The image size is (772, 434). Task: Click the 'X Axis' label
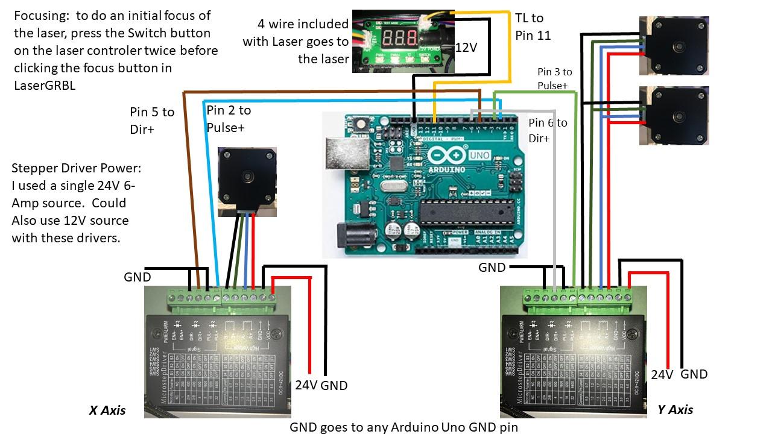point(107,410)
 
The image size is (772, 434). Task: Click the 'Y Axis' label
point(675,410)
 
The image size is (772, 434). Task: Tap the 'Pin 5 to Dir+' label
point(152,120)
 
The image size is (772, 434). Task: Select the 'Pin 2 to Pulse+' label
point(229,118)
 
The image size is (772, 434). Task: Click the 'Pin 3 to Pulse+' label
point(554,78)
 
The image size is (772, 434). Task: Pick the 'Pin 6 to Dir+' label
point(547,130)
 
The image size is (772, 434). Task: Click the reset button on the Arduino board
point(364,125)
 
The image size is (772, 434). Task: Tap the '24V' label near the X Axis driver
point(306,385)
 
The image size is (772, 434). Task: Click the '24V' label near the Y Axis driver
point(662,375)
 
